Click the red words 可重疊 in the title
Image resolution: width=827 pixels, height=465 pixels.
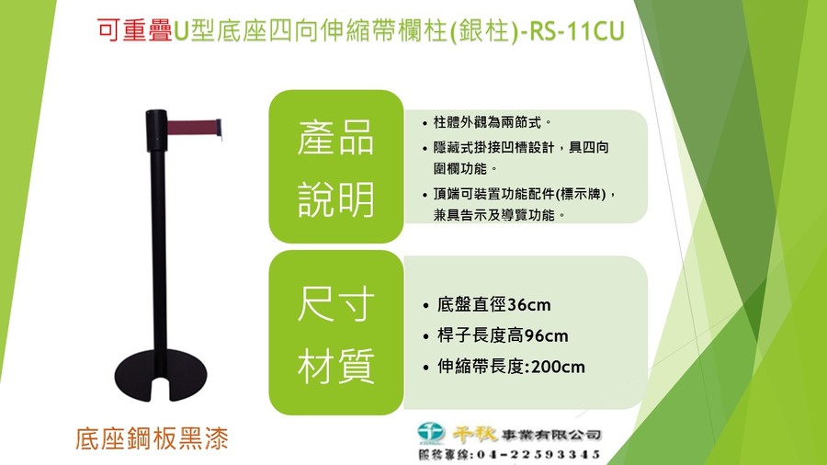click(x=135, y=30)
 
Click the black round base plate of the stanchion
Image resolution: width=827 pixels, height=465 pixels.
click(x=161, y=375)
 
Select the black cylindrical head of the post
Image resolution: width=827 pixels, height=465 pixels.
click(x=156, y=130)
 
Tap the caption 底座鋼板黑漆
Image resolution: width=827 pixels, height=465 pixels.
click(x=152, y=438)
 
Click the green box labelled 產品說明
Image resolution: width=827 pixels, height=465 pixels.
click(x=336, y=166)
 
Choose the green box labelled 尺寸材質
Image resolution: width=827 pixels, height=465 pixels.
click(x=336, y=334)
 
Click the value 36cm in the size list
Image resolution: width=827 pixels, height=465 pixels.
click(x=529, y=305)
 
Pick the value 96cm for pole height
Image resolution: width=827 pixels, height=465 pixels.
click(x=547, y=335)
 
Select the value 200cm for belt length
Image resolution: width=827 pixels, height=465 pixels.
click(x=558, y=367)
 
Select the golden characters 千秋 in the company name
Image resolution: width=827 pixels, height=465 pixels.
click(x=475, y=434)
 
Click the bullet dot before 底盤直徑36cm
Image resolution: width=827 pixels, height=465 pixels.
click(x=426, y=306)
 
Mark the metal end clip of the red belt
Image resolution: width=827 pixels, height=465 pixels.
click(x=219, y=129)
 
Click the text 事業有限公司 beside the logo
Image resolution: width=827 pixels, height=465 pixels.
click(x=551, y=435)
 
